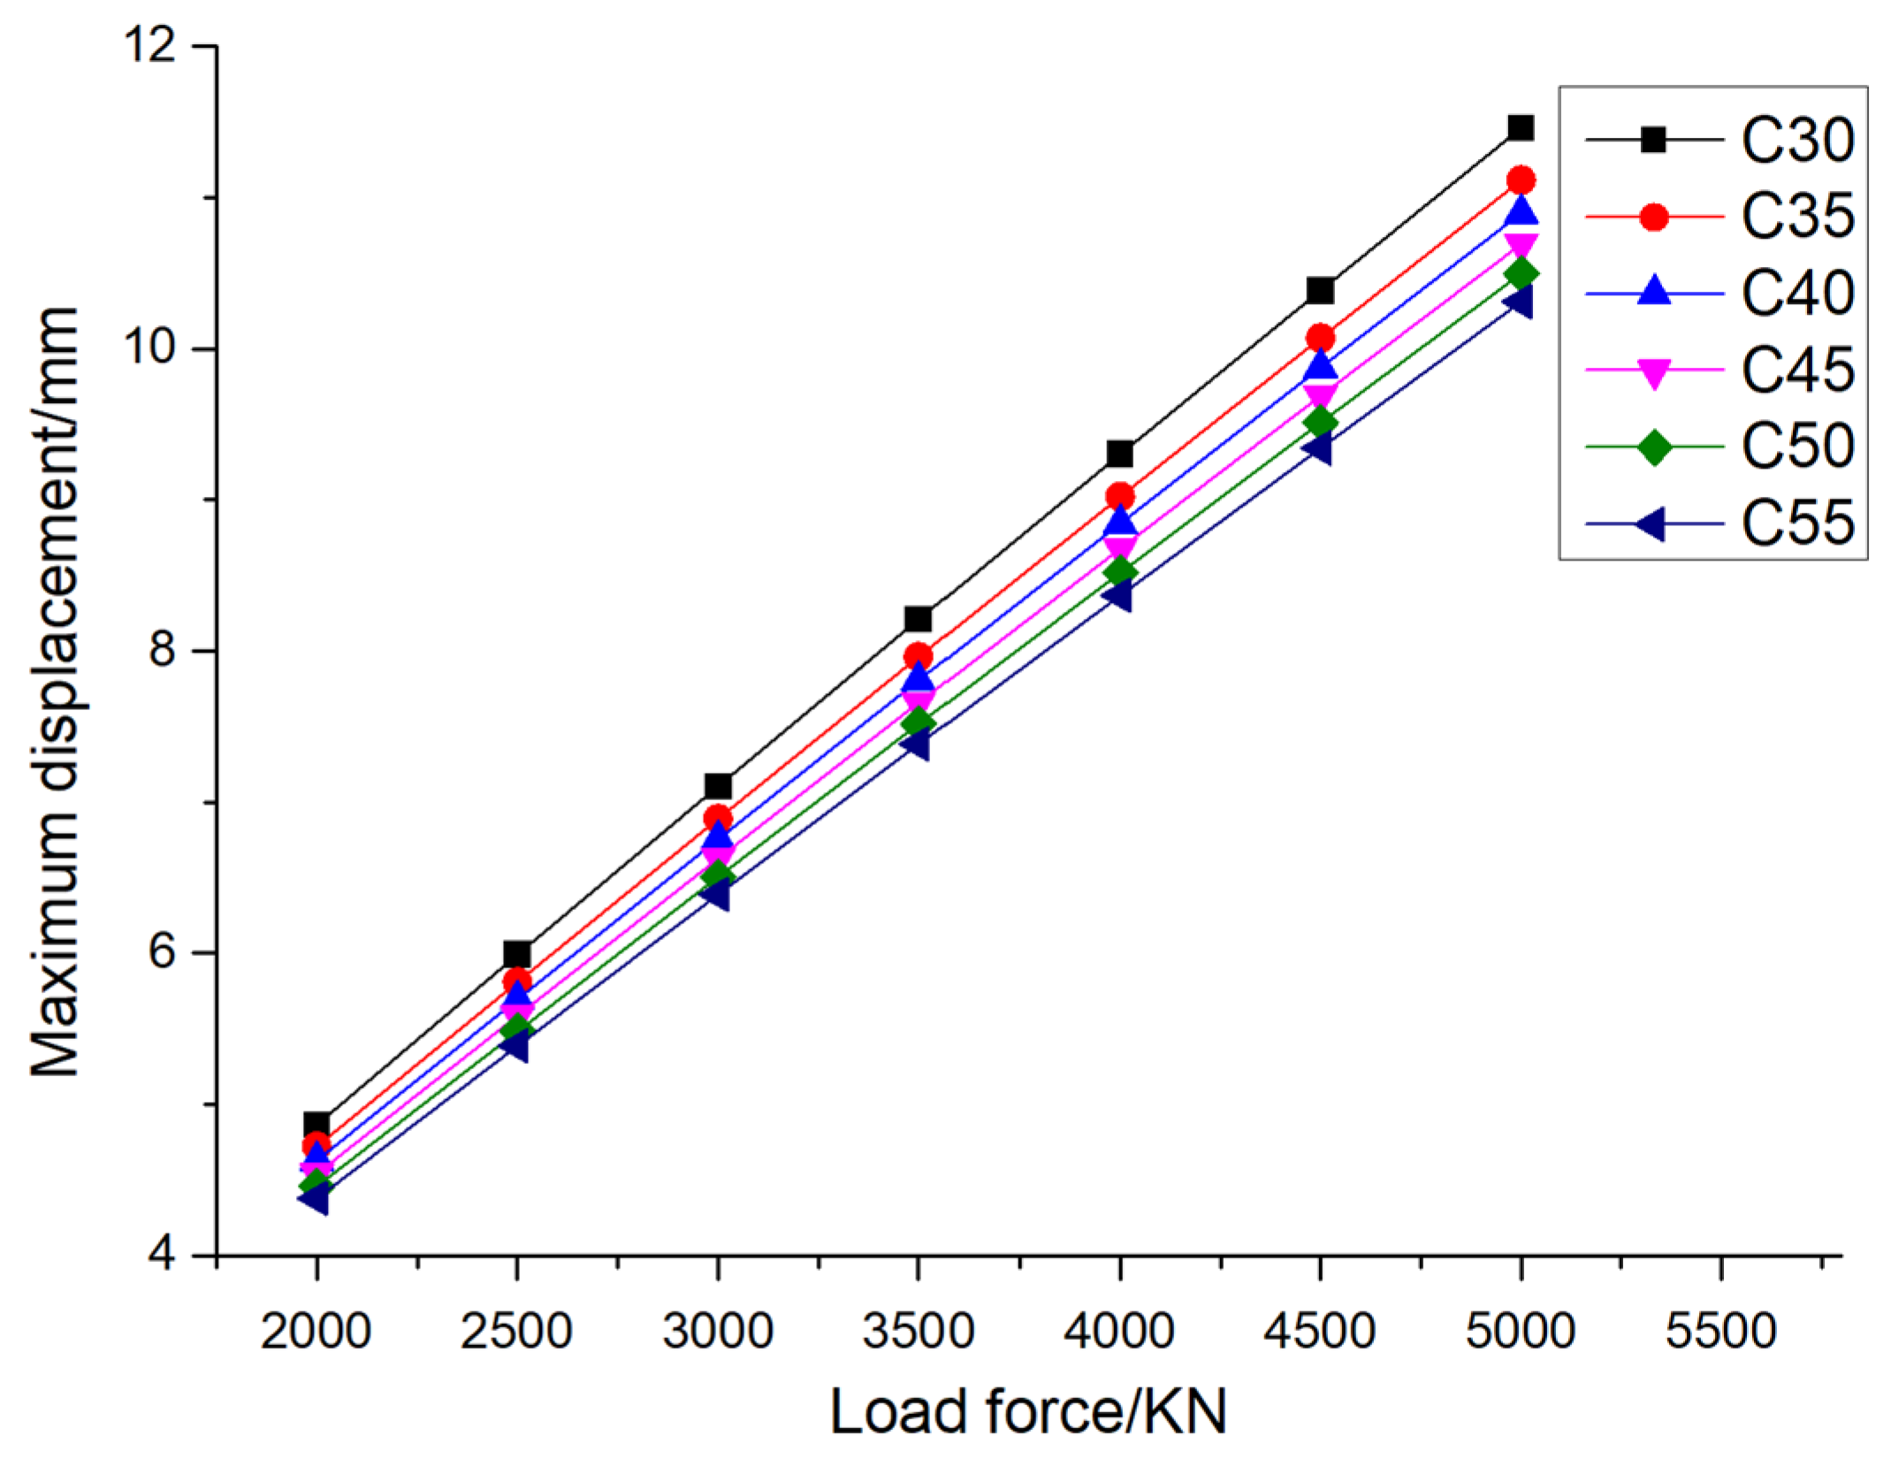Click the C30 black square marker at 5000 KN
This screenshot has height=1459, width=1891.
1520,128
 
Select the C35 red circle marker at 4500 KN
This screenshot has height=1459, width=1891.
1320,338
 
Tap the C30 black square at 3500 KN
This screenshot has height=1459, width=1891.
918,618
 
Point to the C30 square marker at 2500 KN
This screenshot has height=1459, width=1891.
517,954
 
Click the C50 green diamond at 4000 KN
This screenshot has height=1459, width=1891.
1119,571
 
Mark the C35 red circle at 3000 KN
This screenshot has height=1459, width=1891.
718,818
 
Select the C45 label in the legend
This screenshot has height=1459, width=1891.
1796,370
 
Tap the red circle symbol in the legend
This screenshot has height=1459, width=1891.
1653,217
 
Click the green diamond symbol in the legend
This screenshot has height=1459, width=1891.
1653,447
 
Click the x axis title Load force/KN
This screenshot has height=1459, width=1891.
1028,1412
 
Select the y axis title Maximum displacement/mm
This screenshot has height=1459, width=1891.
55,691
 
